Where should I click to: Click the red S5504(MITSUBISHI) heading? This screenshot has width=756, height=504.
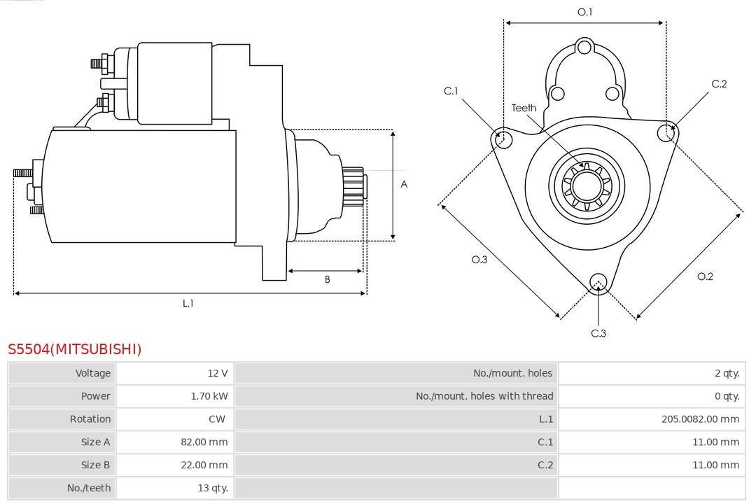click(x=75, y=349)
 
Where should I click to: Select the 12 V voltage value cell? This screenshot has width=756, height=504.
click(x=218, y=373)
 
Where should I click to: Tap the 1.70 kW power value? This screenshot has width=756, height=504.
click(x=209, y=396)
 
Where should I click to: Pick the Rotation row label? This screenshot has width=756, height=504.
click(x=90, y=419)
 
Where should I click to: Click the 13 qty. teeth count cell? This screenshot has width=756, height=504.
click(x=213, y=488)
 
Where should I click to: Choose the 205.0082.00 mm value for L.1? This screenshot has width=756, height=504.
click(x=700, y=419)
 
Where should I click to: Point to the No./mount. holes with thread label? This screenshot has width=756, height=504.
click(x=484, y=396)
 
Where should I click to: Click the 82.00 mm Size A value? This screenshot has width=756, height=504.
click(x=204, y=442)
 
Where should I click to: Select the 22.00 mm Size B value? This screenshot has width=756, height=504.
click(x=204, y=465)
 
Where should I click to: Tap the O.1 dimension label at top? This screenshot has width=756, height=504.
click(x=584, y=12)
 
